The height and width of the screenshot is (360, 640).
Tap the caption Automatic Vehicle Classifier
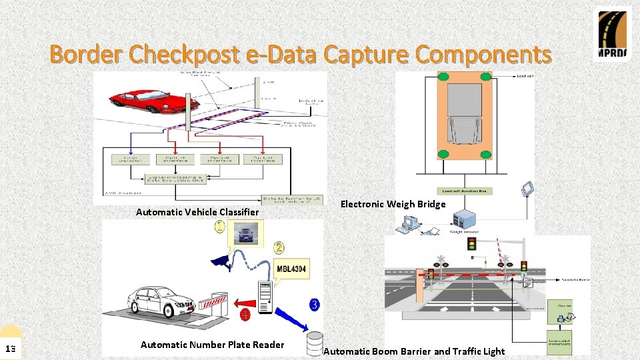(197, 211)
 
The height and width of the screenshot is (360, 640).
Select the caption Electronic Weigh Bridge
(393, 204)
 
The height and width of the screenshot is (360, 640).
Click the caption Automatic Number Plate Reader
(212, 345)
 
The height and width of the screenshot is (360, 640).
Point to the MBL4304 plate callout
(291, 269)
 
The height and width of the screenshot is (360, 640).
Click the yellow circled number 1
(220, 227)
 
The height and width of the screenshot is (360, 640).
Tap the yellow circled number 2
(279, 247)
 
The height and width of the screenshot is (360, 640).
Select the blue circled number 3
(314, 305)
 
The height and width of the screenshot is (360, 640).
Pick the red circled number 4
(245, 314)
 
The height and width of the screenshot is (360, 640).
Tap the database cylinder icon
(313, 343)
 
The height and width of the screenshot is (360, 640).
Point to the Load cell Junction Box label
(465, 191)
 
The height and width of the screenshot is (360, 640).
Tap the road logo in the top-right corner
(612, 35)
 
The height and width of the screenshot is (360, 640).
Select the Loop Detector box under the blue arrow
(130, 159)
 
